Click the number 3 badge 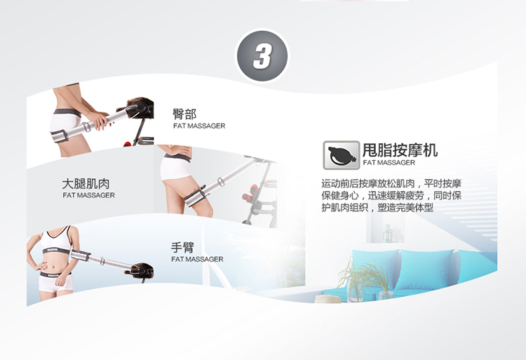[x=262, y=55]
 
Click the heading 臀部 [x=184, y=114]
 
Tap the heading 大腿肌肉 [x=86, y=184]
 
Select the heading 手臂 [x=182, y=248]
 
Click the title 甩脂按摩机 [x=400, y=149]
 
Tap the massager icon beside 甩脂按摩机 [x=341, y=155]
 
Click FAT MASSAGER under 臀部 [x=199, y=126]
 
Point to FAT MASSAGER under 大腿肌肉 [x=88, y=195]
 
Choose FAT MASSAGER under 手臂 [x=197, y=260]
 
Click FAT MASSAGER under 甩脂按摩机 [x=389, y=163]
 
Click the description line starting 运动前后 [x=391, y=184]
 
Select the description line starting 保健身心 [x=391, y=196]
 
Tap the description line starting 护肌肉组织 [x=377, y=208]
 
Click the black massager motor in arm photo [x=142, y=270]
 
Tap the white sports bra [x=56, y=238]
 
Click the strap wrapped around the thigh [x=195, y=197]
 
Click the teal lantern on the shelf [x=387, y=233]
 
